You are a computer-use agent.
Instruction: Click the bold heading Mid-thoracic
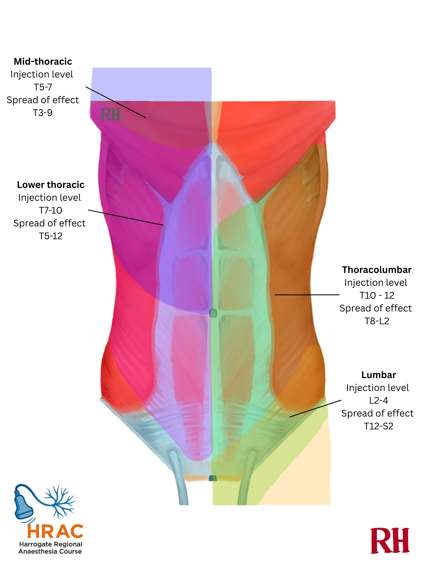coord(43,62)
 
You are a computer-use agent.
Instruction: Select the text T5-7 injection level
coord(43,87)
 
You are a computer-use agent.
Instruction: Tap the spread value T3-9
coord(43,113)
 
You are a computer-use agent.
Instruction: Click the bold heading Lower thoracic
coord(50,185)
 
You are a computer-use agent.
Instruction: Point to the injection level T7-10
coord(50,211)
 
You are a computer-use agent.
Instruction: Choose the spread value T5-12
coord(50,236)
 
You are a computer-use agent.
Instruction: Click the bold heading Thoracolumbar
coord(377,270)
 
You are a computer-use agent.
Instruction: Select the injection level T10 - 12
coord(377,296)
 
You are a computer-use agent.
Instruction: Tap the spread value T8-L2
coord(377,321)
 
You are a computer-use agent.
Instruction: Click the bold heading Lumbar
coord(378,375)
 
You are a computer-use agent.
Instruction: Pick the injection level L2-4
coord(378,401)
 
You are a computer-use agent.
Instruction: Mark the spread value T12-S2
coord(378,426)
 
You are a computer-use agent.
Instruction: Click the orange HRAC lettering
coord(55,531)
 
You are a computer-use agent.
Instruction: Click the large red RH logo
coord(390,541)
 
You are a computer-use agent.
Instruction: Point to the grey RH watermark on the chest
coord(110,115)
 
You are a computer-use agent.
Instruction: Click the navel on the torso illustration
coord(213,313)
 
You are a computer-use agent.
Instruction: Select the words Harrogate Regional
coord(50,544)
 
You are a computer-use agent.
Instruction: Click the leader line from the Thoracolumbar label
coord(307,295)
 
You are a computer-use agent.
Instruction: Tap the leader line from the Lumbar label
coord(315,409)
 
